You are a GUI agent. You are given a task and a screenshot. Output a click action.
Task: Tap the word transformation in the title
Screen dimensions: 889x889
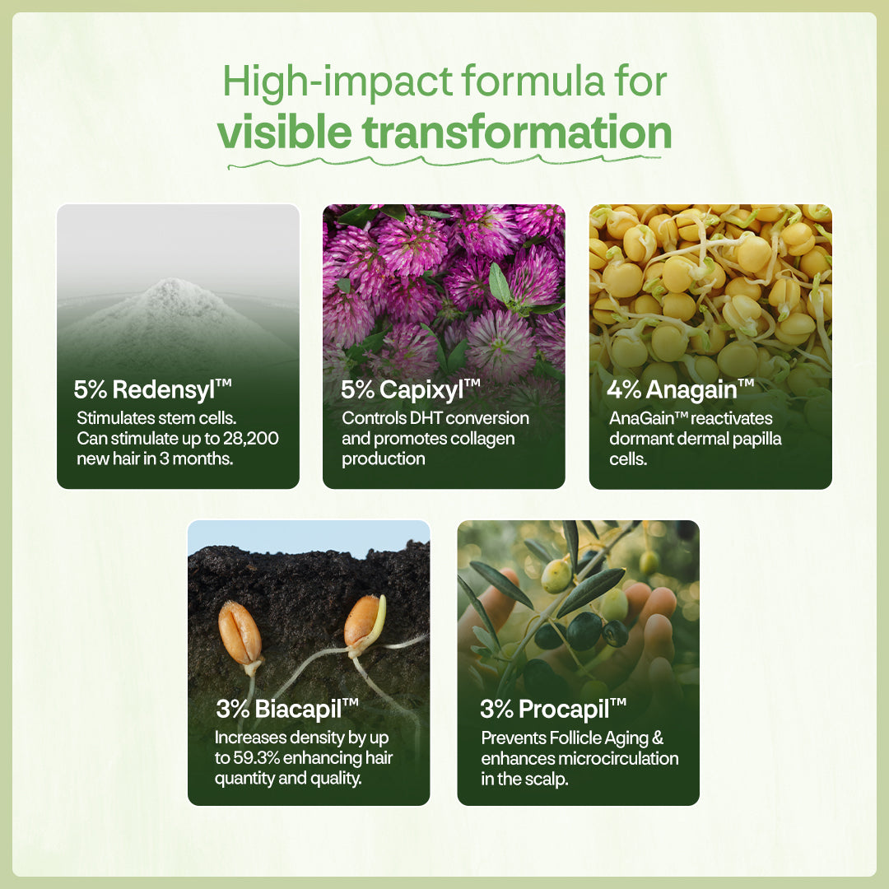(x=516, y=132)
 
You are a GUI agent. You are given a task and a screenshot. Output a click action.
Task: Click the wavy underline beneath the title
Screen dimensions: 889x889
(x=444, y=162)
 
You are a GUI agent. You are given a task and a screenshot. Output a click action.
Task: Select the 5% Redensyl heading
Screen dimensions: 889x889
(x=152, y=389)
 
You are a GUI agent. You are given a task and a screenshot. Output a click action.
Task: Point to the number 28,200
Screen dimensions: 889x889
(x=250, y=438)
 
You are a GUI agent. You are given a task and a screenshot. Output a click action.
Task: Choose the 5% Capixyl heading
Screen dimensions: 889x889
(x=411, y=390)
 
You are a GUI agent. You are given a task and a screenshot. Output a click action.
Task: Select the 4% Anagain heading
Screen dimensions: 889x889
(x=681, y=389)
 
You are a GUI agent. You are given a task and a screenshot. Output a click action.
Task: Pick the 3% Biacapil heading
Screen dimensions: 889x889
(x=287, y=709)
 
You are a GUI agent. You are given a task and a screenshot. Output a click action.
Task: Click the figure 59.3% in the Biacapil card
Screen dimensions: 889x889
(x=256, y=758)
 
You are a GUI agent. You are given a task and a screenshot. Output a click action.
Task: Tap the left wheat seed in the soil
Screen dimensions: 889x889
(x=240, y=633)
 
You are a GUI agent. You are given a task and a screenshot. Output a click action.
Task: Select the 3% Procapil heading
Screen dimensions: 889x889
(x=553, y=709)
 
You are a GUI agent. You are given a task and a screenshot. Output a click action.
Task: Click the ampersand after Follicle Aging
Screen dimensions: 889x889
(x=658, y=738)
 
